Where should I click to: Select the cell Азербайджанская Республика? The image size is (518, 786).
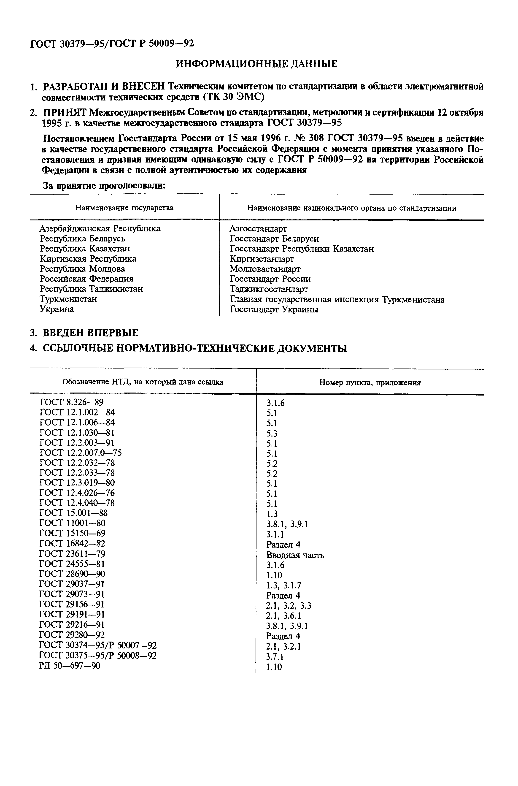(100, 228)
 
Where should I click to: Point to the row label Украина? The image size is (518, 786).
(57, 309)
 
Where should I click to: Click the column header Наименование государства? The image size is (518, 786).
(124, 208)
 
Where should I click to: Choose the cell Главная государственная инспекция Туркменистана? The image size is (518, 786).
(337, 300)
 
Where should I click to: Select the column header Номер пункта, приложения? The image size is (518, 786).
(370, 383)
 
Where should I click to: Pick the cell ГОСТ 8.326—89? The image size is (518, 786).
(71, 402)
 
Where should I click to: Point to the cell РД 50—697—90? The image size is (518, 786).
(70, 666)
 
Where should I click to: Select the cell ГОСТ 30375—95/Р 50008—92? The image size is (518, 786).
(98, 656)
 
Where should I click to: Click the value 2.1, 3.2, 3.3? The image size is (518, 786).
(289, 606)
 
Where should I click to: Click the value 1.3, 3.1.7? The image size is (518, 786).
(284, 585)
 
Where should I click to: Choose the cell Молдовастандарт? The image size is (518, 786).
(265, 269)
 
